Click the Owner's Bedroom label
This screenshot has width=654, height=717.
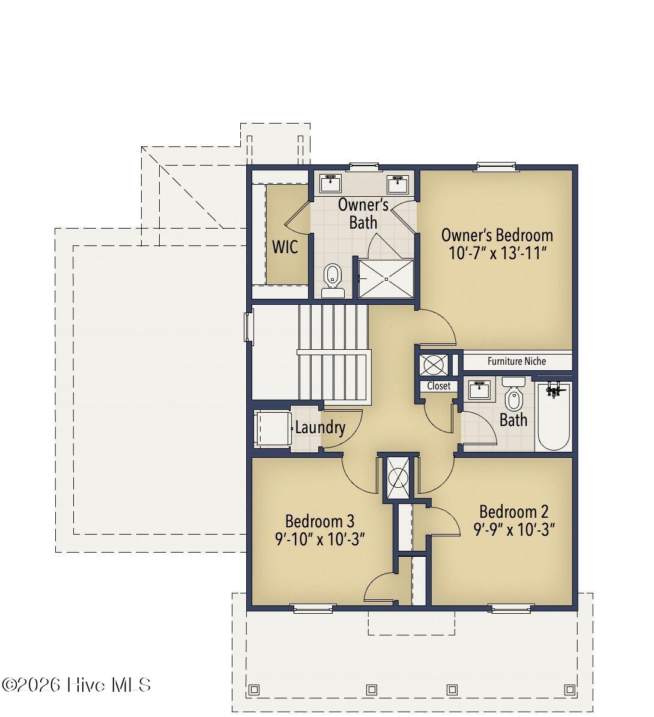tap(497, 235)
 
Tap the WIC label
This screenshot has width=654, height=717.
tap(285, 247)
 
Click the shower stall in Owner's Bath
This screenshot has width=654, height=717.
tap(386, 278)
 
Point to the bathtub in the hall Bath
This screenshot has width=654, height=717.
tap(553, 416)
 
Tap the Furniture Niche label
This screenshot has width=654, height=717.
tap(516, 361)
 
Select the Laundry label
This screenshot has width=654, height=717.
tap(320, 428)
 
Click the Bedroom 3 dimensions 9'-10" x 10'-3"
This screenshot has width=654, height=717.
tap(319, 539)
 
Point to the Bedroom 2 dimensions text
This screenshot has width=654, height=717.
tap(514, 530)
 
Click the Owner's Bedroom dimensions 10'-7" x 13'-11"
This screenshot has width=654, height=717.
tap(497, 253)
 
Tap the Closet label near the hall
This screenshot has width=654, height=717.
tap(438, 386)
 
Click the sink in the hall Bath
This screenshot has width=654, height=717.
tap(480, 389)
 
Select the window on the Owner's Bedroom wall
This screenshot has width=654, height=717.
tap(497, 166)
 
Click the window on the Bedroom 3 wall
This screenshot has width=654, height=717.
tap(313, 608)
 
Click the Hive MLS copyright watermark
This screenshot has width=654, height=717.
tap(76, 685)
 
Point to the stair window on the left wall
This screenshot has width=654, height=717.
tap(249, 326)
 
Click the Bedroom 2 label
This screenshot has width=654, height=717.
tap(513, 512)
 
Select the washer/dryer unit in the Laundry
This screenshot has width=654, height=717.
tap(273, 428)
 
